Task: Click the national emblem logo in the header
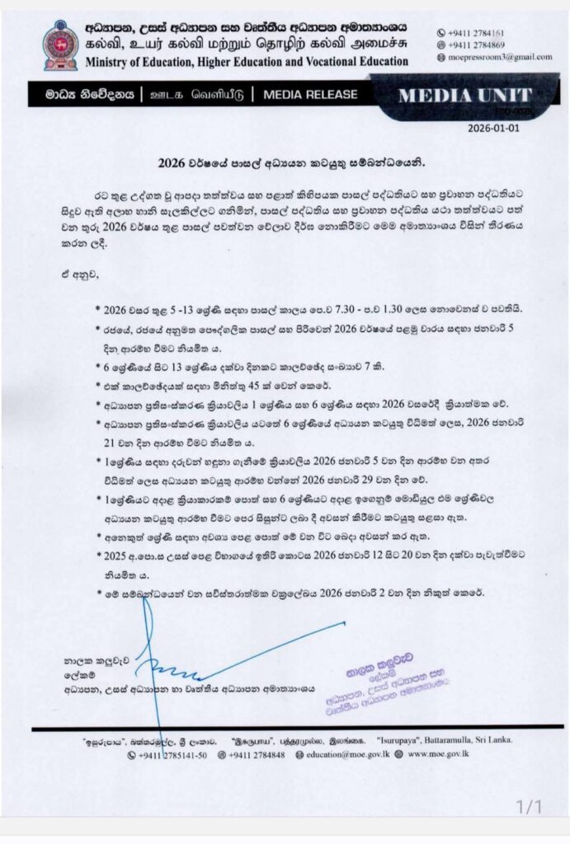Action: [60, 45]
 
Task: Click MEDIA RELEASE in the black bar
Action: [310, 95]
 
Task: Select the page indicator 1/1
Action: [529, 806]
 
